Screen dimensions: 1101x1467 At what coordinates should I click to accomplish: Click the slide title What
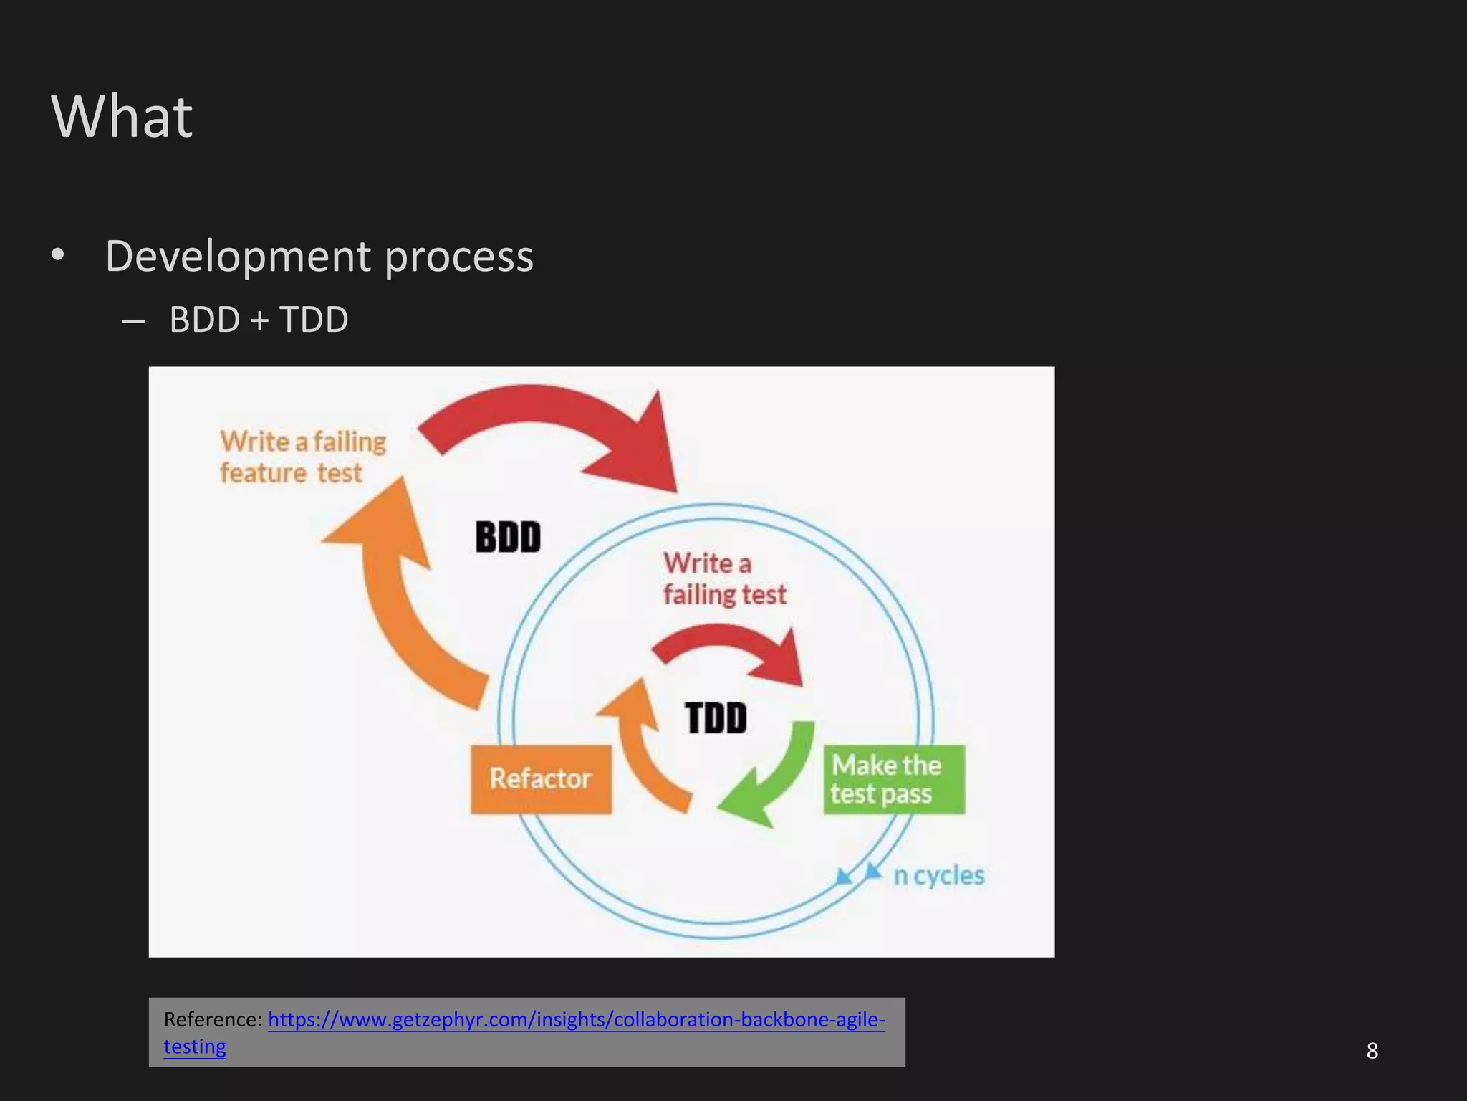[x=122, y=116]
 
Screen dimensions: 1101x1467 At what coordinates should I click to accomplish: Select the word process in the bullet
[x=458, y=257]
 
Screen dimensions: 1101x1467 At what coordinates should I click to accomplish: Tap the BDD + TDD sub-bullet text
[x=259, y=319]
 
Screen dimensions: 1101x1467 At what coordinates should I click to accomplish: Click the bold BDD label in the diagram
[x=508, y=537]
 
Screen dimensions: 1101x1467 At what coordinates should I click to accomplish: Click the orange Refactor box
[x=541, y=779]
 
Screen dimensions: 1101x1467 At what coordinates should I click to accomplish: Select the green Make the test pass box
[x=893, y=780]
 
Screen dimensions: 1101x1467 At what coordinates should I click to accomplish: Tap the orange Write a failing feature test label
[x=302, y=457]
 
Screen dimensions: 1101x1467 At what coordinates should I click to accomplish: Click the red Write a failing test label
[x=723, y=578]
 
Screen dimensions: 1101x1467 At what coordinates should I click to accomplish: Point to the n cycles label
[x=938, y=875]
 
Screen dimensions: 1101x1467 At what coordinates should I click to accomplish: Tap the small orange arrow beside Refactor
[x=641, y=745]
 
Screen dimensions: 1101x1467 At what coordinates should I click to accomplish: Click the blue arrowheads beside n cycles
[x=859, y=874]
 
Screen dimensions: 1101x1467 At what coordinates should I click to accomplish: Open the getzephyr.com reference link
[x=576, y=1019]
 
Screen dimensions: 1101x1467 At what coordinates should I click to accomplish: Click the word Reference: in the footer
[x=213, y=1019]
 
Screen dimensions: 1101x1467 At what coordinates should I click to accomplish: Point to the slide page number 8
[x=1372, y=1051]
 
